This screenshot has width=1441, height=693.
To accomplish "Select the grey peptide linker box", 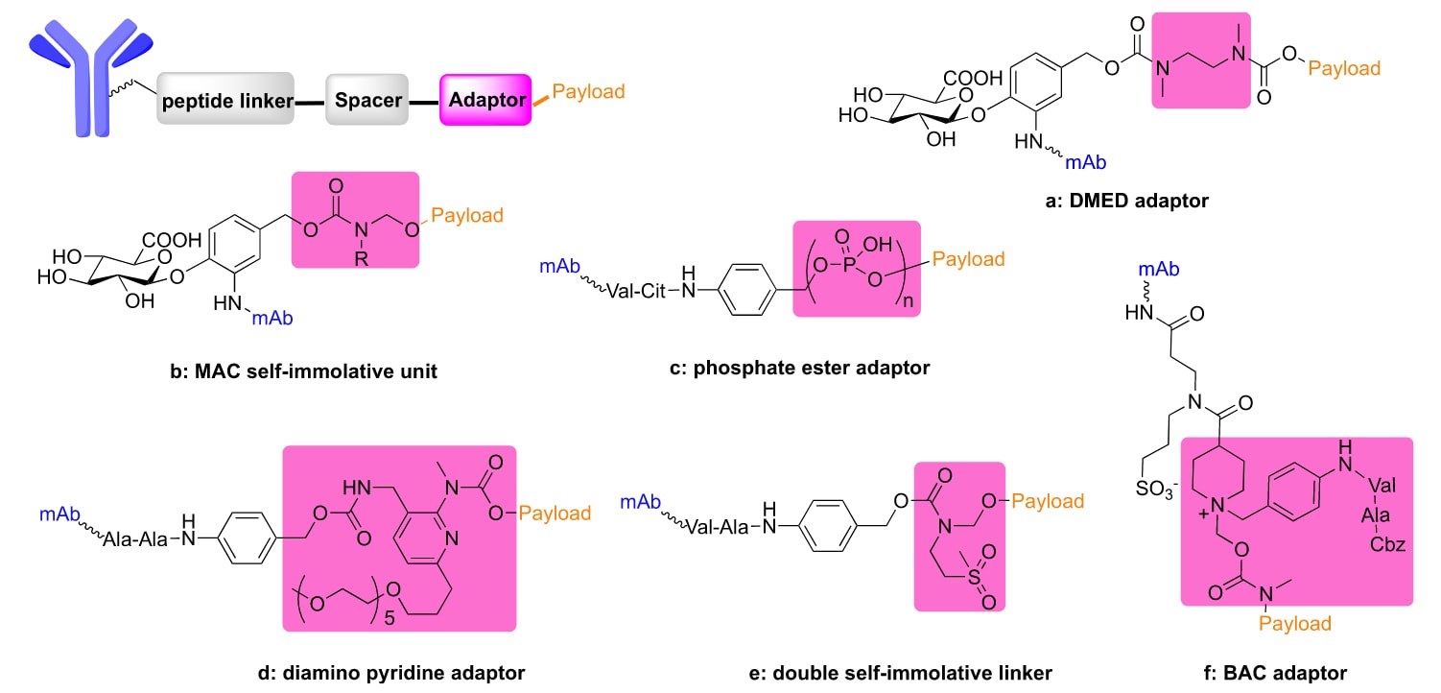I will pos(225,100).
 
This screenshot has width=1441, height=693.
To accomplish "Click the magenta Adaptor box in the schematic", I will pos(484,100).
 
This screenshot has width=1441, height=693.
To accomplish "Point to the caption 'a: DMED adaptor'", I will pos(1116,202).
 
